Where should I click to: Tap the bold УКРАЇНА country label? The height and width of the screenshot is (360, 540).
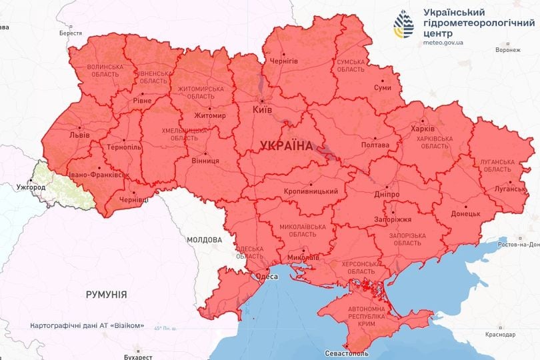click(286, 145)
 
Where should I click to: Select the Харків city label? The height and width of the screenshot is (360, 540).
click(423, 128)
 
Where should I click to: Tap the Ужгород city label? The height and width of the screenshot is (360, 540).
click(31, 187)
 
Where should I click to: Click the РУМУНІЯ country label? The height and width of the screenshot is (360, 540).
click(106, 294)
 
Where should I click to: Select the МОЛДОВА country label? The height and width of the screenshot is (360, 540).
click(204, 239)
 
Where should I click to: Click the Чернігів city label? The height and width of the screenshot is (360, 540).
click(284, 61)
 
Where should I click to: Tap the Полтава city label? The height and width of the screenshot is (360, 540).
click(374, 145)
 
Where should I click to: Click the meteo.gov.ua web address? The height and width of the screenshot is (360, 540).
click(443, 42)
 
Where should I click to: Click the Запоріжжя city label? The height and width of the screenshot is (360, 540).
click(392, 219)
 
